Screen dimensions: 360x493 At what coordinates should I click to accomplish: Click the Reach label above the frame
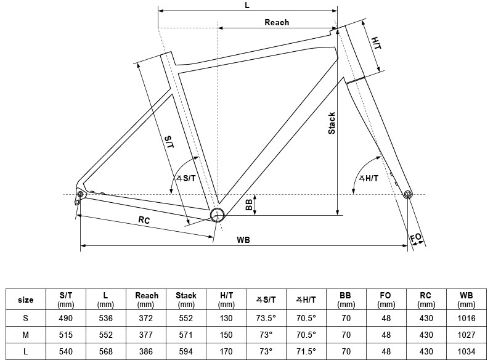[x=277, y=23]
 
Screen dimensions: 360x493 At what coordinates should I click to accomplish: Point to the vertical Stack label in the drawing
[x=332, y=123]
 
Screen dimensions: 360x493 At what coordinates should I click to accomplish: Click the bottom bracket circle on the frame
[x=217, y=215]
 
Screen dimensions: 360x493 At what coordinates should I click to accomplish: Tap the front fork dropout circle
[x=407, y=195]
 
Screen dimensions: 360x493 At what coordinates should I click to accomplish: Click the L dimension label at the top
[x=247, y=5]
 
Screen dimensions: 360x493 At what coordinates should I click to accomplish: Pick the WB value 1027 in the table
[x=466, y=335]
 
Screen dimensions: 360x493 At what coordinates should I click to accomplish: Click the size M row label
[x=25, y=335]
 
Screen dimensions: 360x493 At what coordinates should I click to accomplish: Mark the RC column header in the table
[x=426, y=300]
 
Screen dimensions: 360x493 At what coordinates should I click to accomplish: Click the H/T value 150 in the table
[x=226, y=335]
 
